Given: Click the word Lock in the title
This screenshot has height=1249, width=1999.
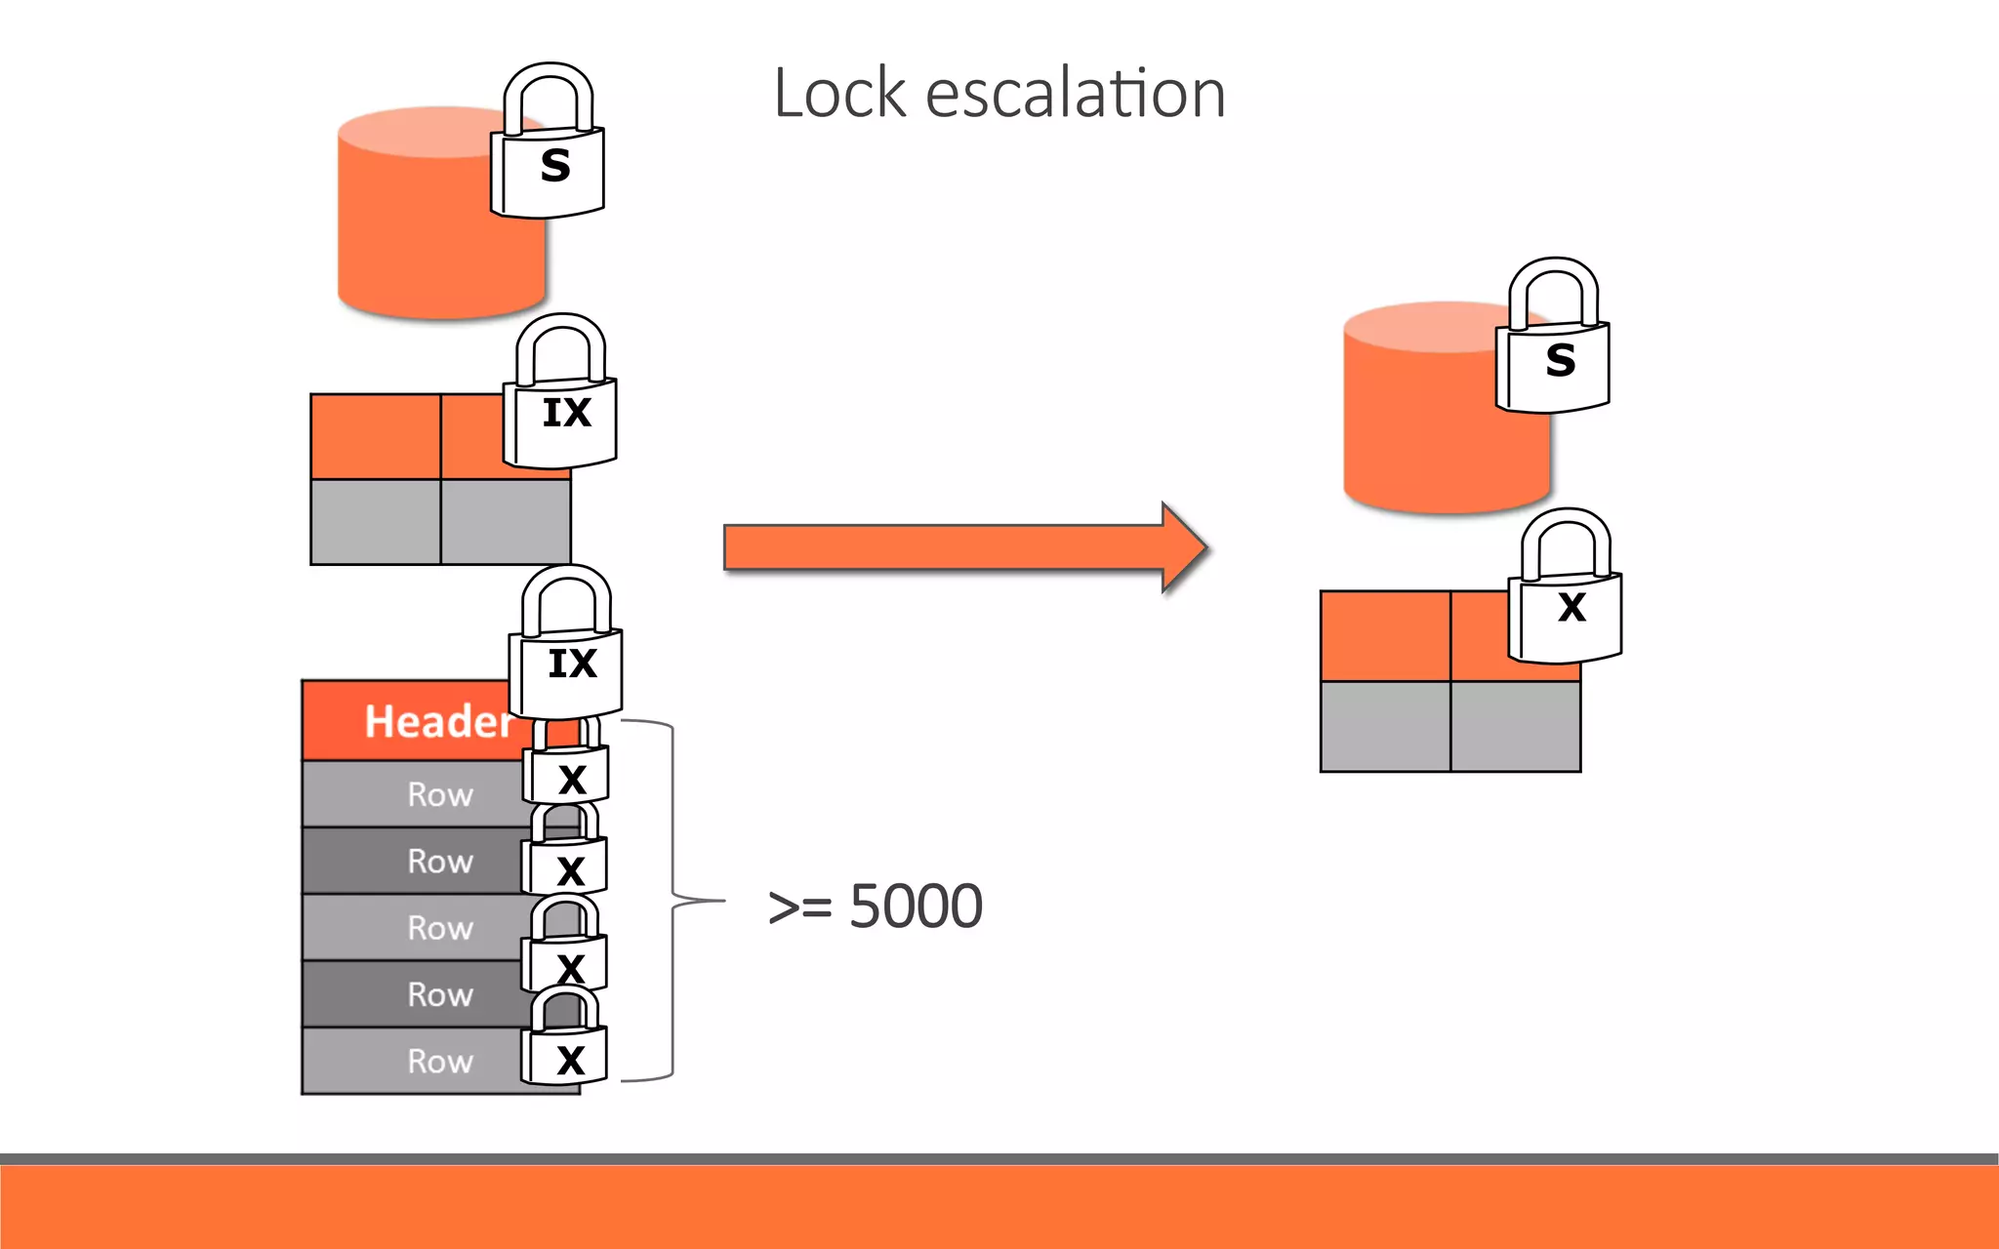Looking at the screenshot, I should coord(840,94).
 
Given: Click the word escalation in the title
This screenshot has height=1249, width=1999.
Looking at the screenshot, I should coord(1075,94).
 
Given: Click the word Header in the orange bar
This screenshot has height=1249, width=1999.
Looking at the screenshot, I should coord(437,722).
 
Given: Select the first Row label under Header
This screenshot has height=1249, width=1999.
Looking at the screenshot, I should coord(440,794).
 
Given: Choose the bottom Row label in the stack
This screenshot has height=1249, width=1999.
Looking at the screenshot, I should coord(440,1061).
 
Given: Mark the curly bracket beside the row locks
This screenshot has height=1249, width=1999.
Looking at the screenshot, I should coord(673,901).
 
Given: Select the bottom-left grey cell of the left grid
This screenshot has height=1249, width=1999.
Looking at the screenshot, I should coord(376,521).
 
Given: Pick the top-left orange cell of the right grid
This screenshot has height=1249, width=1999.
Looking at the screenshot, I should coord(1385,635).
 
